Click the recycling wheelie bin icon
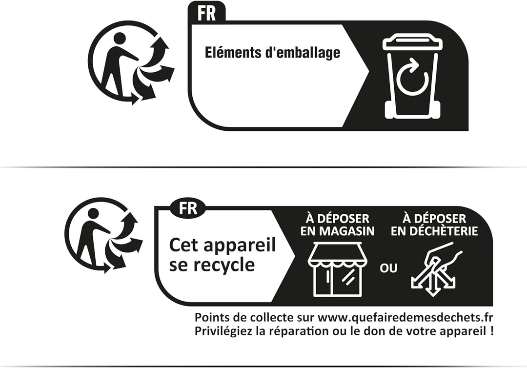click(412, 76)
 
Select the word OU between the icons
click(388, 268)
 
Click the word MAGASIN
click(346, 231)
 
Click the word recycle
click(224, 265)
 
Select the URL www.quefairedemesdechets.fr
click(405, 317)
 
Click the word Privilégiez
click(223, 331)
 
